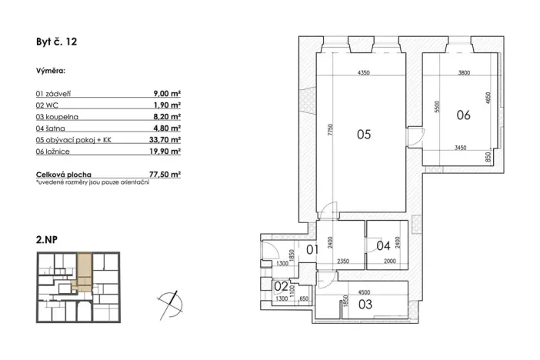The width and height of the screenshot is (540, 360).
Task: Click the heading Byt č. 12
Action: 57,42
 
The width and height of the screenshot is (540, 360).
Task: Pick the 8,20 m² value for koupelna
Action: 167,116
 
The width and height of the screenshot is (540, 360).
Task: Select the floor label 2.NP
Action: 46,240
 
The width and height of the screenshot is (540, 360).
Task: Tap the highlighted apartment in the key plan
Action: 82,272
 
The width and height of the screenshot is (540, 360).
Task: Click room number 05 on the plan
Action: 364,134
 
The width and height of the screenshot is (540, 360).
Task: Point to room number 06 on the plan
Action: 463,116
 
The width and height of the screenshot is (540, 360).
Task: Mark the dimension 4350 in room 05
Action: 364,72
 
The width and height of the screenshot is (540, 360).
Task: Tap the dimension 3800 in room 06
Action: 464,72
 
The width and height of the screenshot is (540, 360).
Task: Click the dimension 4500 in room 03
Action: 365,292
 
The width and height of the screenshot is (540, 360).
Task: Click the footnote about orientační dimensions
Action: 92,182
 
